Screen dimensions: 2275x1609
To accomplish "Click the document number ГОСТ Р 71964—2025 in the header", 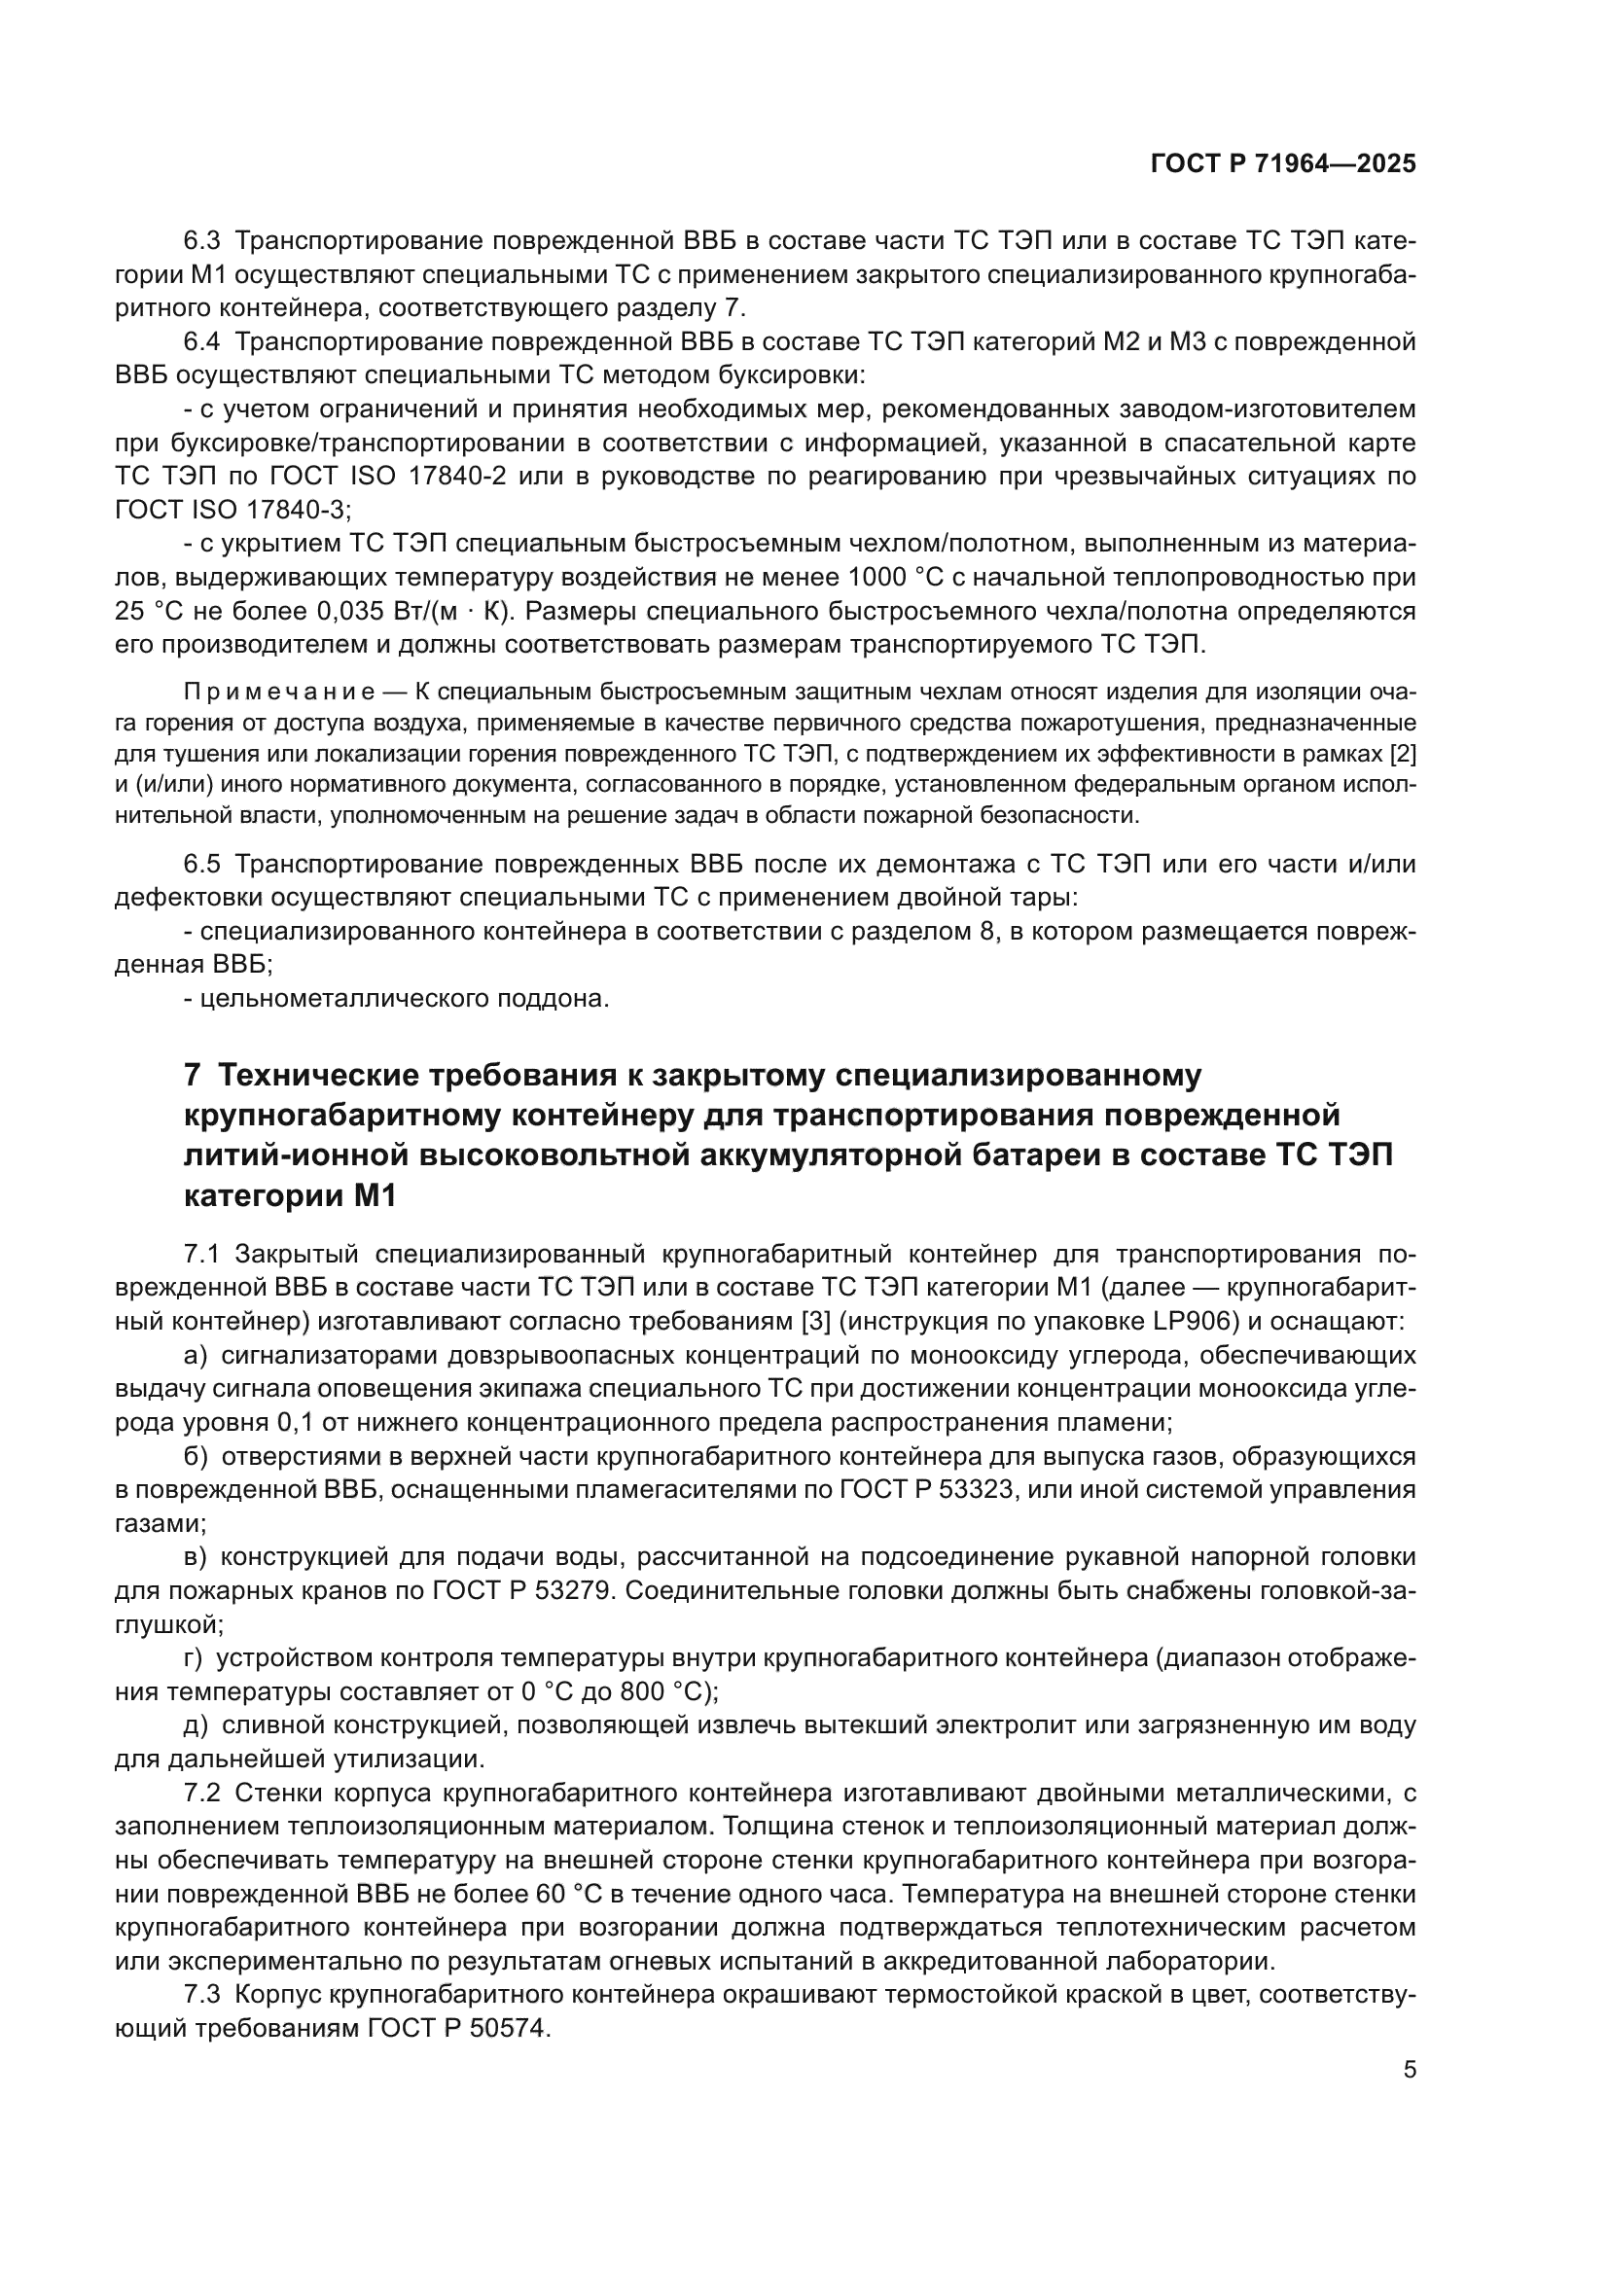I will [x=1283, y=164].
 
